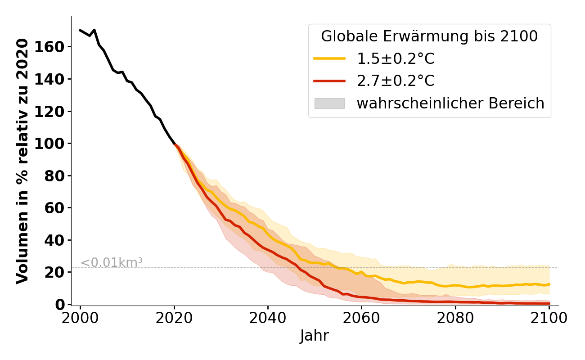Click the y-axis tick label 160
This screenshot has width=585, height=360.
point(54,47)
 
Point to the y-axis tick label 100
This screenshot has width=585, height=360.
point(54,144)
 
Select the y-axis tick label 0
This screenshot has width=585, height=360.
point(61,304)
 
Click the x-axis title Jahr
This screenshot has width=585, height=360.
point(315,336)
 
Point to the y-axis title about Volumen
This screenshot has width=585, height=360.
point(22,161)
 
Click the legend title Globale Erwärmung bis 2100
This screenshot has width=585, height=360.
point(429,36)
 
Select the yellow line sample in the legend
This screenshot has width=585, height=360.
point(329,58)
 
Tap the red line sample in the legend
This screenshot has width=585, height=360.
point(329,81)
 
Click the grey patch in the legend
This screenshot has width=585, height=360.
point(329,103)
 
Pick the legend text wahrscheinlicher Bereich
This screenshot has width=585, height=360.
point(450,103)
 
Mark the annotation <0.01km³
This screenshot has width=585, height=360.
point(112,262)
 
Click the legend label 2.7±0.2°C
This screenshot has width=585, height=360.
point(396,81)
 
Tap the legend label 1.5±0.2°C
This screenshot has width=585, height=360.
point(396,58)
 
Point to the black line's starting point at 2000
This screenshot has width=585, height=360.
point(80,30)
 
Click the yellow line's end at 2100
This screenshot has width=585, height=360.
point(549,284)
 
